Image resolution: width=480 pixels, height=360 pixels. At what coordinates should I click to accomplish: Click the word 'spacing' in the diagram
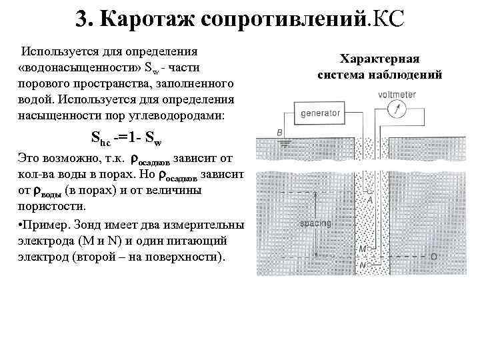[319, 223]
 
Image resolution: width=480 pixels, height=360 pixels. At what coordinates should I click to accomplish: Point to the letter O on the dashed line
[433, 256]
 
